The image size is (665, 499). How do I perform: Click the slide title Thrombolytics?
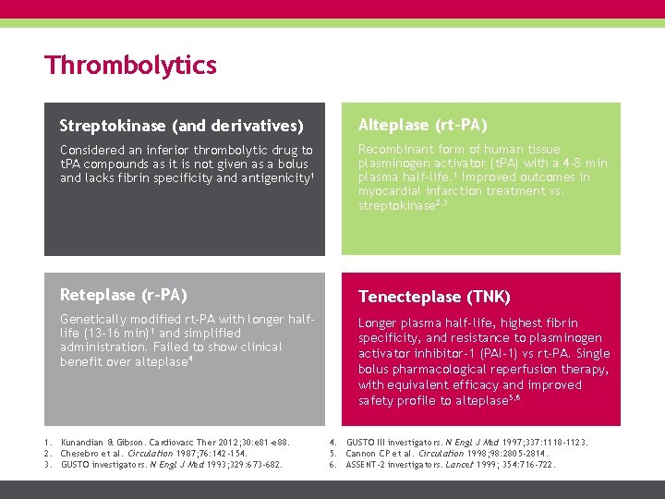(130, 66)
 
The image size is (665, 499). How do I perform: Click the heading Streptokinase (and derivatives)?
(182, 125)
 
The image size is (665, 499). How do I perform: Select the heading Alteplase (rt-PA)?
(422, 125)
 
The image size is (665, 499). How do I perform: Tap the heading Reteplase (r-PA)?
(124, 295)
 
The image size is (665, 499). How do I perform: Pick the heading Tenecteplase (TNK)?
(433, 297)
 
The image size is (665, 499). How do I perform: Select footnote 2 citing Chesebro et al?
(148, 453)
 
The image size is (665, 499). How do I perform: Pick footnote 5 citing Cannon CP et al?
(446, 453)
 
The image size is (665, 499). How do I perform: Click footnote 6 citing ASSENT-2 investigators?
(451, 464)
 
